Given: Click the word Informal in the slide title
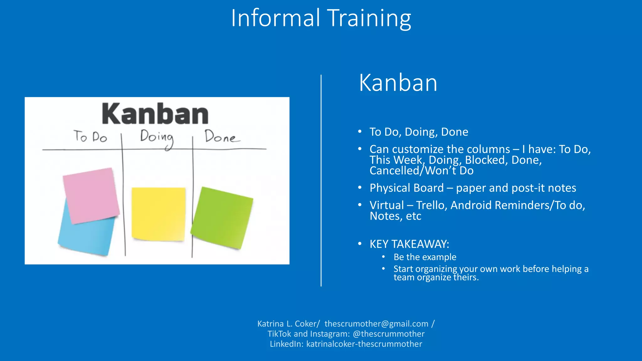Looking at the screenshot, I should click(x=276, y=18).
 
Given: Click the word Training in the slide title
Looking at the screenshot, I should click(x=369, y=19).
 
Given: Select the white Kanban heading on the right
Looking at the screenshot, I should click(x=398, y=83).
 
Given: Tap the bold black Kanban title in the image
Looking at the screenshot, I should click(x=155, y=114).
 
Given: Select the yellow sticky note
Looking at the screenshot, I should click(x=158, y=214).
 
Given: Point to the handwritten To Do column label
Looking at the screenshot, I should click(x=90, y=137).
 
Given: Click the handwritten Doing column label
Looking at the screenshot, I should click(x=156, y=137).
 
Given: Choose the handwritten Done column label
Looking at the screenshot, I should click(x=221, y=137).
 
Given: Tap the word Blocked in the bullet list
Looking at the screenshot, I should click(x=485, y=160).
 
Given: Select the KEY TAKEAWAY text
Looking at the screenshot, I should click(x=409, y=244).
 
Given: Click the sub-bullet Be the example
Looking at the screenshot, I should click(x=425, y=257).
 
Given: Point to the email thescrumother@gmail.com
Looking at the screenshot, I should click(x=376, y=324).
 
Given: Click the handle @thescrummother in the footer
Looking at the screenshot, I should click(x=388, y=334).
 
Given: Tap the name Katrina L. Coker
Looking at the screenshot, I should click(x=287, y=324).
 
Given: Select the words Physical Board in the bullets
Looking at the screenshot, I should click(x=406, y=188).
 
